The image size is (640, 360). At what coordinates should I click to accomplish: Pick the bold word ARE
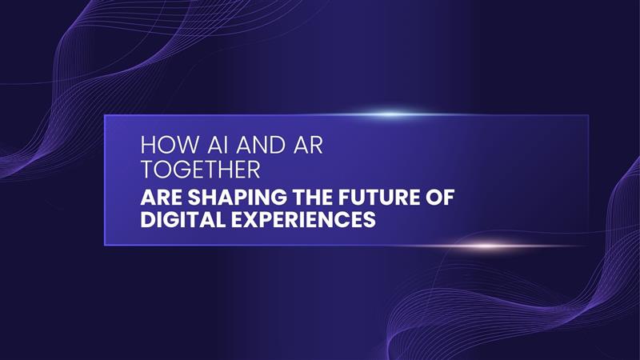pyautogui.click(x=160, y=197)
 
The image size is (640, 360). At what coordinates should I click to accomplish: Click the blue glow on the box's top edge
pyautogui.click(x=391, y=114)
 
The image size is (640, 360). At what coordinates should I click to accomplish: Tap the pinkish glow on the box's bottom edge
pyautogui.click(x=487, y=246)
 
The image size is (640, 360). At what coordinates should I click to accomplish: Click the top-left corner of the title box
pyautogui.click(x=105, y=115)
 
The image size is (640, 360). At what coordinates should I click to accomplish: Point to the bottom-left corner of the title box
pyautogui.click(x=105, y=246)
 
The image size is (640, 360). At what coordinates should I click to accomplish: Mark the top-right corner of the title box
pyautogui.click(x=588, y=115)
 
